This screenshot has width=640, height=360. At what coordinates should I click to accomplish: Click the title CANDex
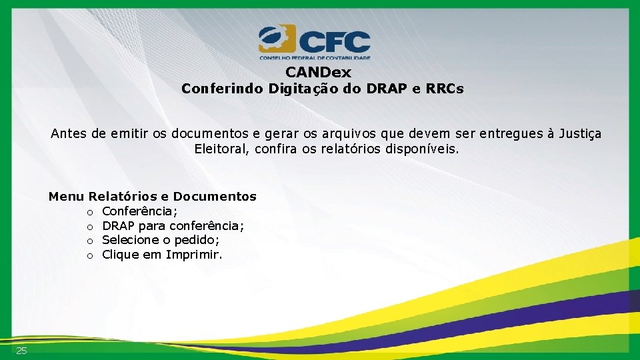[x=318, y=72]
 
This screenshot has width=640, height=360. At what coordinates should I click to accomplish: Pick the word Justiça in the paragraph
[x=579, y=134]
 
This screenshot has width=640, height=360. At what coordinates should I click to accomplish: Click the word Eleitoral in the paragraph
[x=220, y=149]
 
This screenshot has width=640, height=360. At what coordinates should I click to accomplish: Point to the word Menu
[x=66, y=197]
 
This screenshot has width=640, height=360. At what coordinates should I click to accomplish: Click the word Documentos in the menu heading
[x=215, y=197]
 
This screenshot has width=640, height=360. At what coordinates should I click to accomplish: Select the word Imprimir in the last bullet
[x=194, y=255]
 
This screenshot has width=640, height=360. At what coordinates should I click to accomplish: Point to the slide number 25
[x=22, y=351]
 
